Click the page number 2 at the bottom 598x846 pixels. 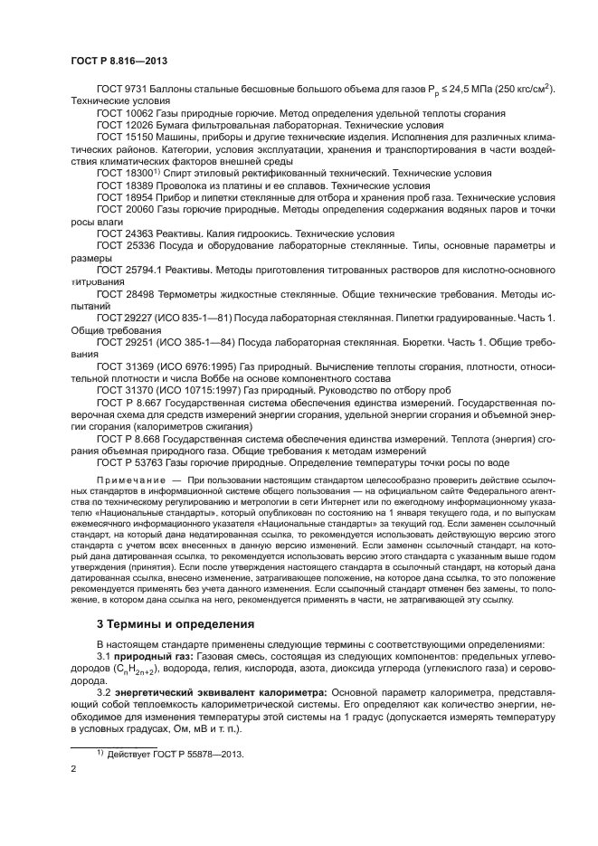click(74, 768)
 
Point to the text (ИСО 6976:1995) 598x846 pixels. click(195, 362)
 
